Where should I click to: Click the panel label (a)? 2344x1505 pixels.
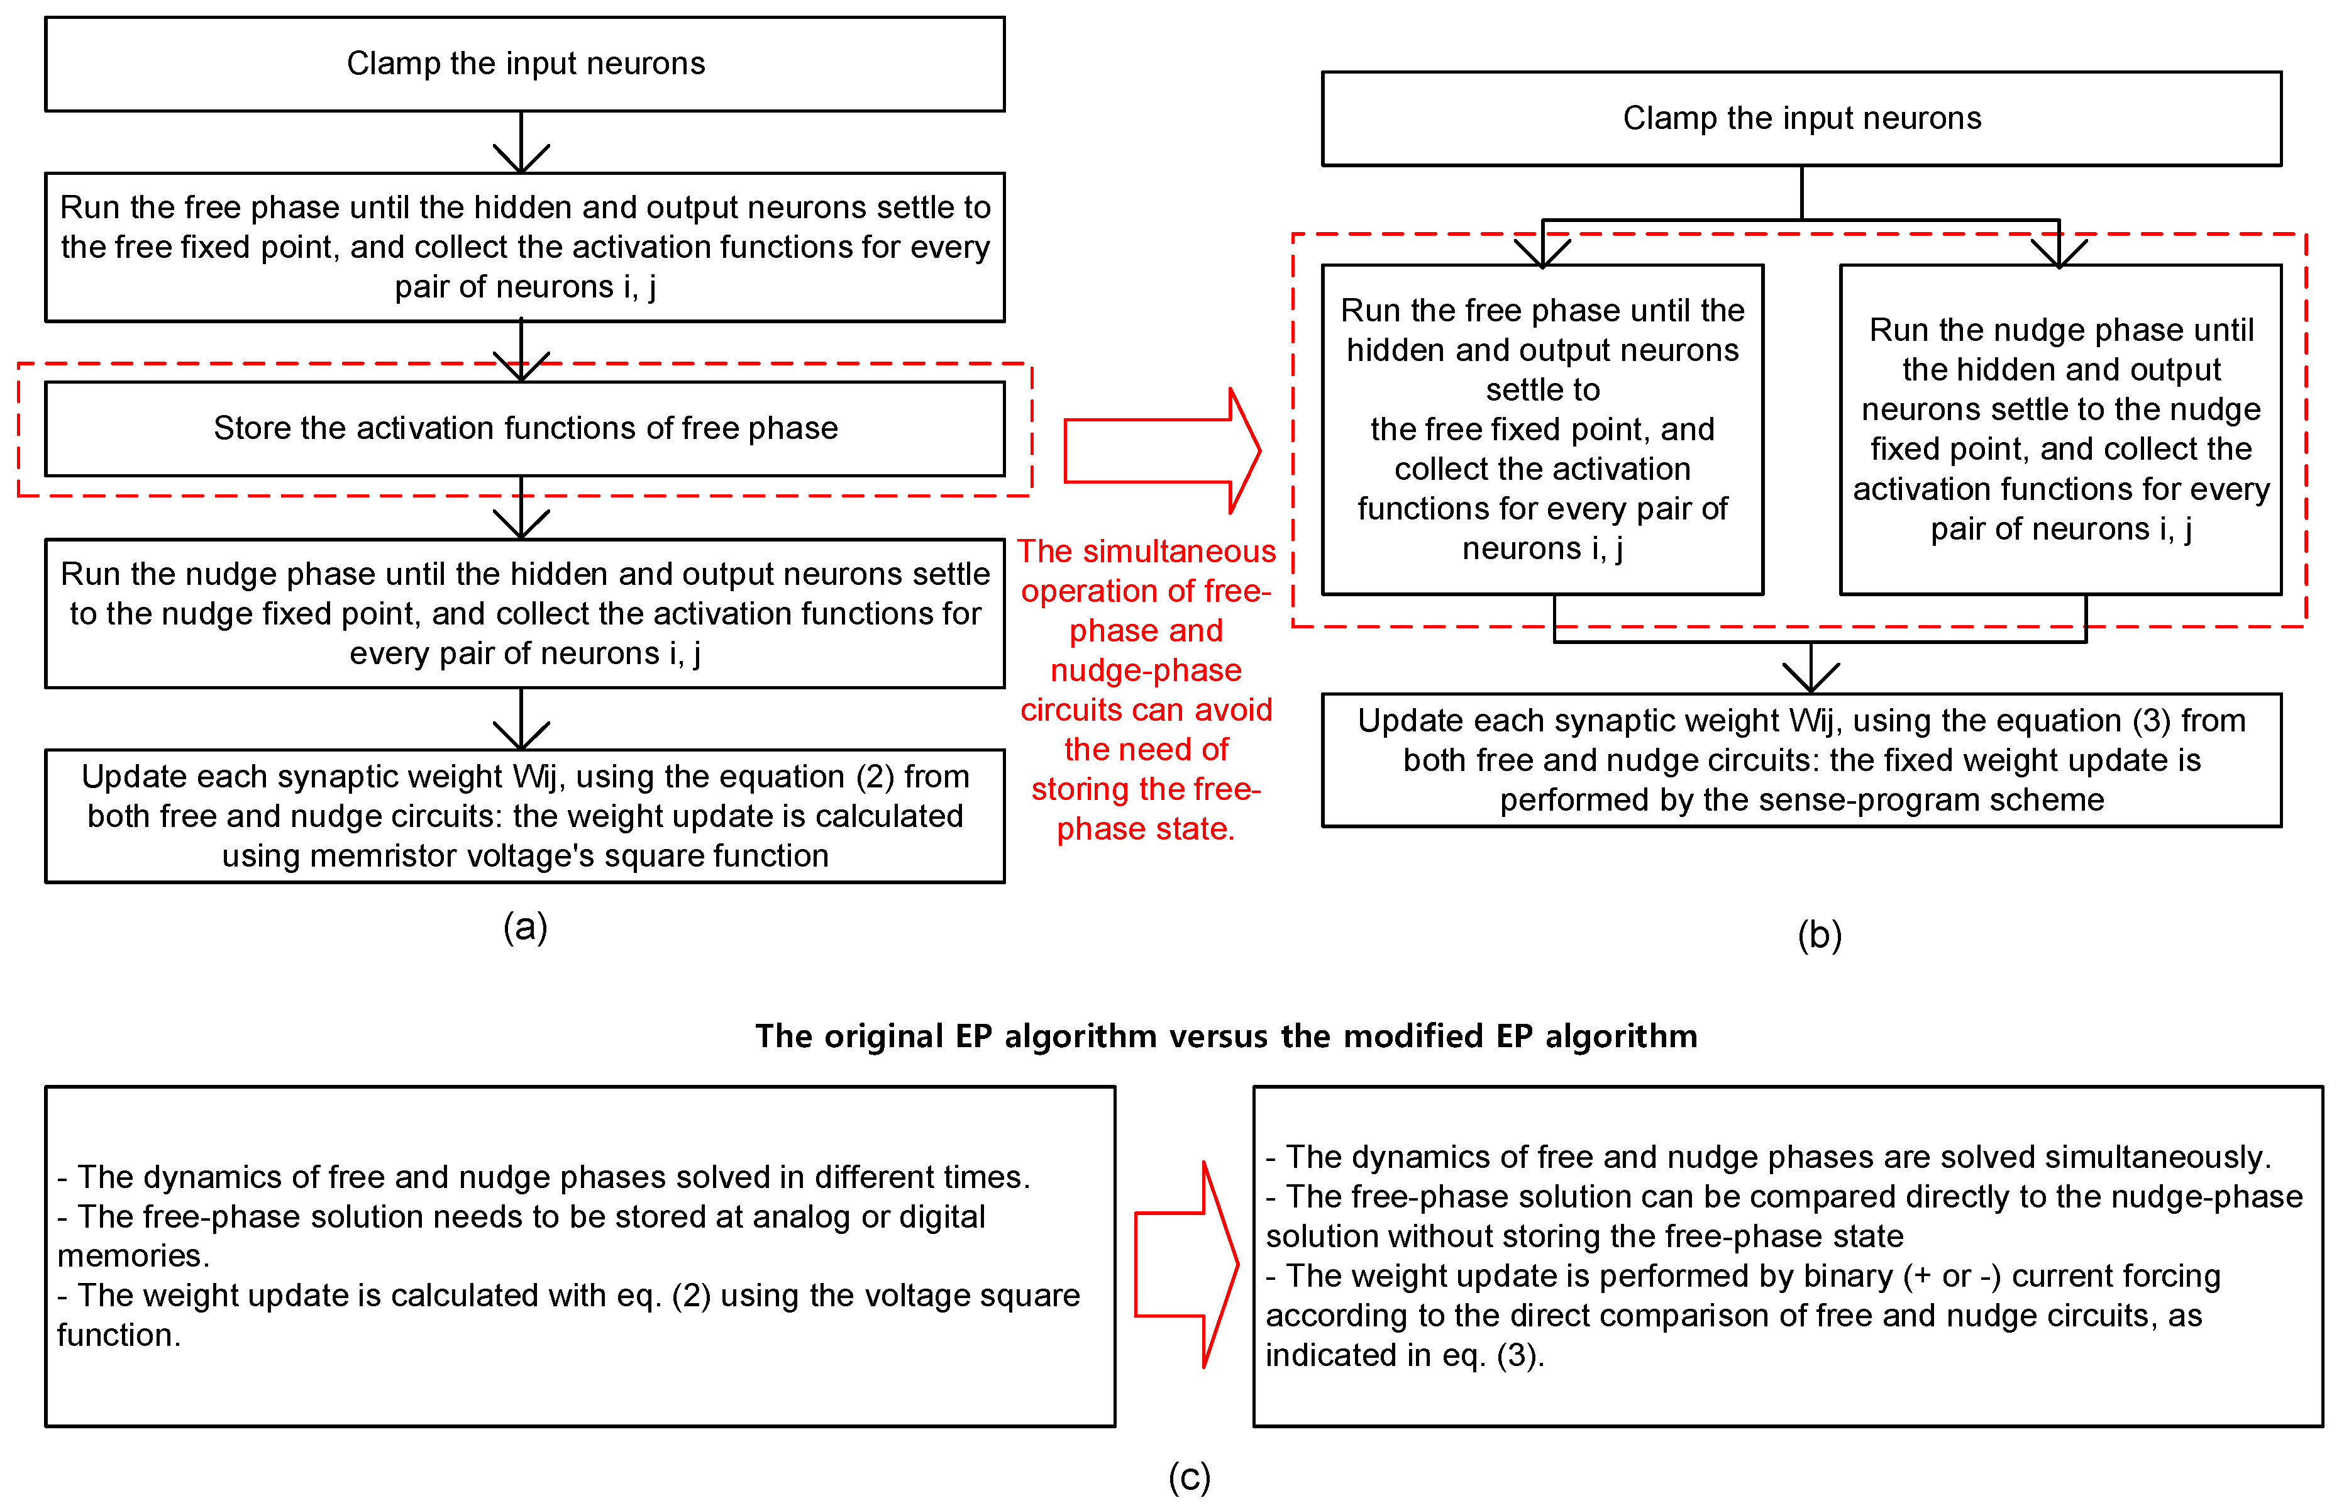[524, 926]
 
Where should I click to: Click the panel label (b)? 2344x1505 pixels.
[1820, 935]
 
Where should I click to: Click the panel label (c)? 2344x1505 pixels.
[1189, 1477]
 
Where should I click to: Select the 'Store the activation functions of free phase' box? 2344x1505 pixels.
[524, 429]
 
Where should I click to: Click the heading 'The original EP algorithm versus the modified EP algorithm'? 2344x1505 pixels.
[1225, 1036]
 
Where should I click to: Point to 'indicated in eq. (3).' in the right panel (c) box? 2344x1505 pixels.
[1404, 1355]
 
